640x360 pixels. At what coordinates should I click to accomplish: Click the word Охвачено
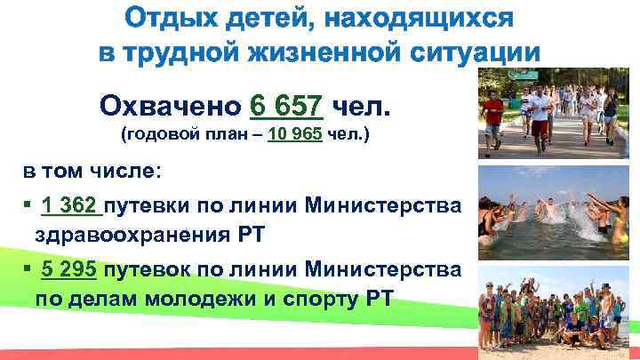point(170,108)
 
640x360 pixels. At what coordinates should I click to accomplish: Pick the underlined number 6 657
point(286,108)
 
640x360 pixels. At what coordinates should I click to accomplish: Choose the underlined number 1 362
point(70,207)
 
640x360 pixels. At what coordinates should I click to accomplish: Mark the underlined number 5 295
point(70,270)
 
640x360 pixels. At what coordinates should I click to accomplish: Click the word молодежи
point(192,300)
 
